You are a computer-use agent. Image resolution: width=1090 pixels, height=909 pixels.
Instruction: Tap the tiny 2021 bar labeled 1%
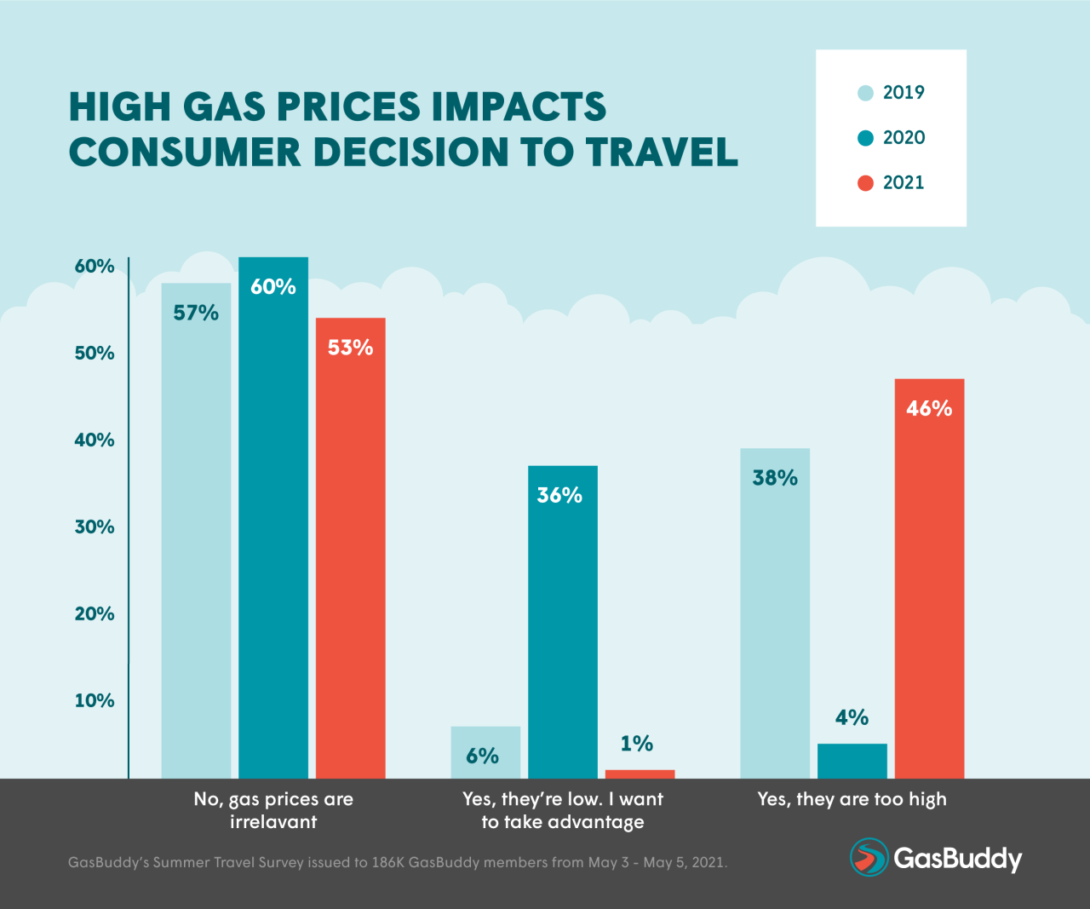[x=640, y=774]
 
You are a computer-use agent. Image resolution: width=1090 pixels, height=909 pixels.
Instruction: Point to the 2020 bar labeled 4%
[x=852, y=761]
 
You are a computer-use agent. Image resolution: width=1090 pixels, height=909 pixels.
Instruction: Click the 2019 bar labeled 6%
[x=485, y=752]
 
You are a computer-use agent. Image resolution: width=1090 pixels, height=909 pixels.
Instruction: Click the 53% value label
[x=350, y=348]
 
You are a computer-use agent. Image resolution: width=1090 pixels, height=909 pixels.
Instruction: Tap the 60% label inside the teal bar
[x=273, y=287]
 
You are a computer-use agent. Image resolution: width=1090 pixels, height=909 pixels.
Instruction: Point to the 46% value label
[x=929, y=409]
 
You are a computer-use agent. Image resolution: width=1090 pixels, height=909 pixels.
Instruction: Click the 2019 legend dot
[x=865, y=93]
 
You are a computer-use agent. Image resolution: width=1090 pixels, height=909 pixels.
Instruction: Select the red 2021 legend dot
[x=865, y=183]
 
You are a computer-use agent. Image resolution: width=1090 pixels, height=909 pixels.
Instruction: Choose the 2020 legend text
[x=904, y=138]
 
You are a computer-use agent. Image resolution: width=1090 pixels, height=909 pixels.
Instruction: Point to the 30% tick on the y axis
[x=95, y=527]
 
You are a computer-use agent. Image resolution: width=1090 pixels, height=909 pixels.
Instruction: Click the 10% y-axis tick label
[x=95, y=701]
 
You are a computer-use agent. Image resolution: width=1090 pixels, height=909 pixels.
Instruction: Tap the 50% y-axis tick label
[x=95, y=354]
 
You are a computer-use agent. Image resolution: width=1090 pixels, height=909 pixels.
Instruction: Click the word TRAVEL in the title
[x=662, y=152]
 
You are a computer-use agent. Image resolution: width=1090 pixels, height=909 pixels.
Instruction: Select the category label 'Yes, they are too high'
[x=852, y=799]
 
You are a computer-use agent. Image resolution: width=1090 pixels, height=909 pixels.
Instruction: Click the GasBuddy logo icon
[x=869, y=857]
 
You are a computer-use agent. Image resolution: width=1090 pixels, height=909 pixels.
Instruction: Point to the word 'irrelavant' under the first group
[x=273, y=822]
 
